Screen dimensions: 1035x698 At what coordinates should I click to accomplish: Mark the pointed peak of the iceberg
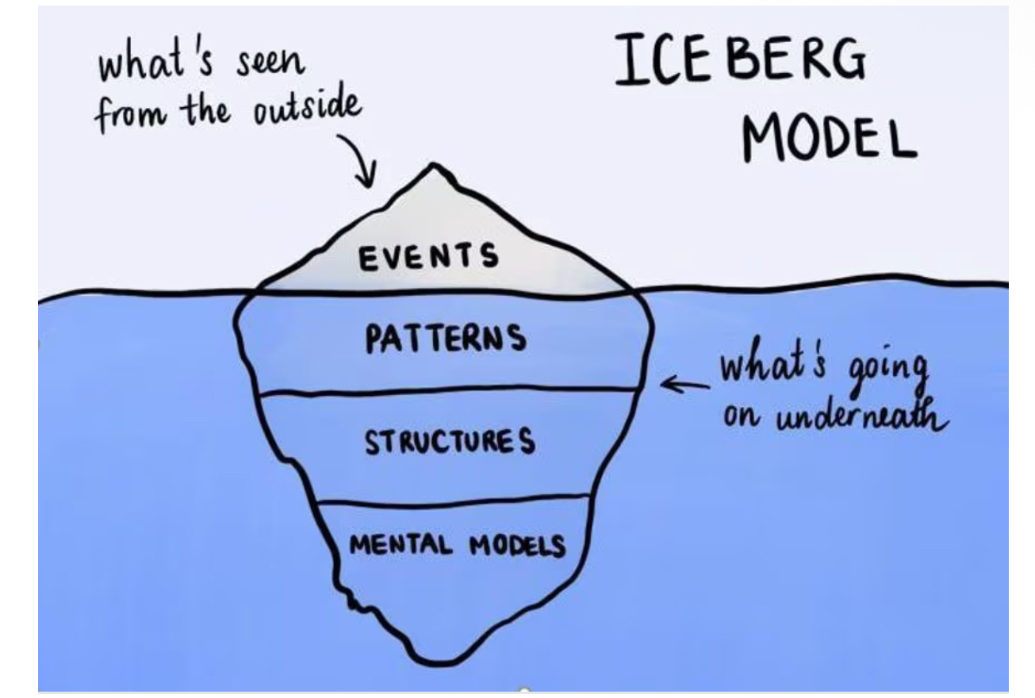[432, 166]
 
